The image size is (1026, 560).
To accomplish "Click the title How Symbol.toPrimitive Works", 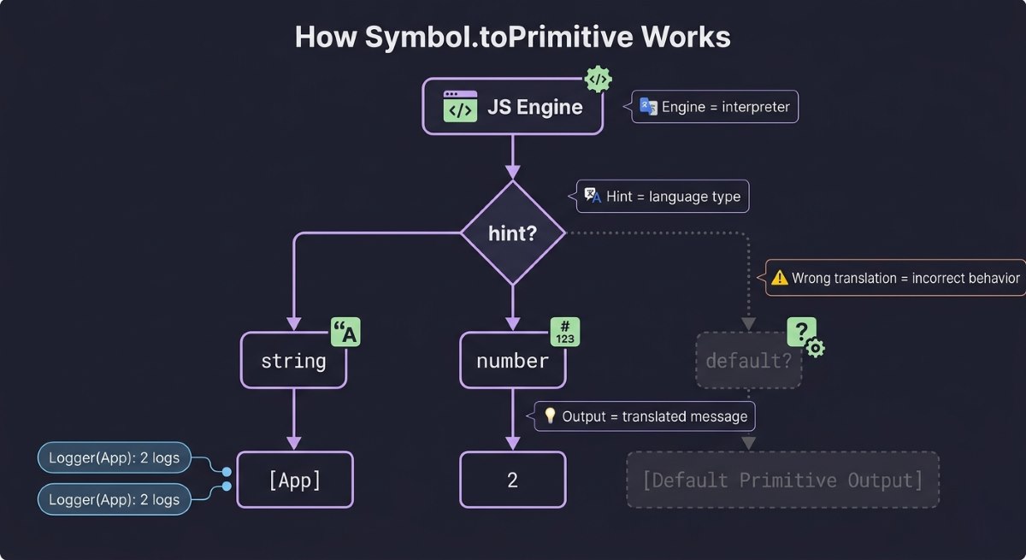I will pyautogui.click(x=512, y=38).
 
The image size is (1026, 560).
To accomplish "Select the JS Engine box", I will pyautogui.click(x=512, y=107).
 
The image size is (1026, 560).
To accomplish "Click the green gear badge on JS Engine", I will pyautogui.click(x=598, y=80).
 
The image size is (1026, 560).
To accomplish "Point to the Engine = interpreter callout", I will pyautogui.click(x=715, y=107).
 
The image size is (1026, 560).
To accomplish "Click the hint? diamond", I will pyautogui.click(x=512, y=233).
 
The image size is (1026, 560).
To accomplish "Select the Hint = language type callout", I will pyautogui.click(x=663, y=197).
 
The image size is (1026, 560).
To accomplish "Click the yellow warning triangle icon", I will pyautogui.click(x=779, y=278).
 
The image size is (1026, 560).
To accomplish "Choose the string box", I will pyautogui.click(x=294, y=361).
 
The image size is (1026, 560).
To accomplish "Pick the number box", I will pyautogui.click(x=512, y=361).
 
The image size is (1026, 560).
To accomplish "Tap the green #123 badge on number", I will pyautogui.click(x=565, y=332).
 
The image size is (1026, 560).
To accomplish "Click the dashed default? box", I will pyautogui.click(x=749, y=361).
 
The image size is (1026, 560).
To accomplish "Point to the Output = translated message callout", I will pyautogui.click(x=646, y=416).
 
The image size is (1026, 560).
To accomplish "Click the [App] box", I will pyautogui.click(x=294, y=480).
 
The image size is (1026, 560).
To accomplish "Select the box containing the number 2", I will pyautogui.click(x=512, y=480).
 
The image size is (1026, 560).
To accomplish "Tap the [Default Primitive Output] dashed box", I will pyautogui.click(x=782, y=480).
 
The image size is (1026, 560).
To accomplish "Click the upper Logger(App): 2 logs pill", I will pyautogui.click(x=115, y=458).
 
